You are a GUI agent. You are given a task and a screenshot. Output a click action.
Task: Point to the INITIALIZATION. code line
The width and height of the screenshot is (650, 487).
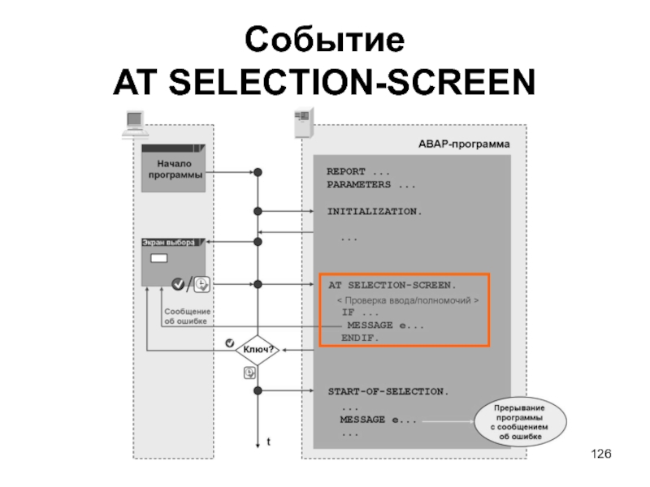click(375, 211)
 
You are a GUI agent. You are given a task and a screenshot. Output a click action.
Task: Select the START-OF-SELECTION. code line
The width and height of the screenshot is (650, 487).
click(388, 391)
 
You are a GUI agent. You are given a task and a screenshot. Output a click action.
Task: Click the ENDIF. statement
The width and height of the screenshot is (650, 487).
click(360, 338)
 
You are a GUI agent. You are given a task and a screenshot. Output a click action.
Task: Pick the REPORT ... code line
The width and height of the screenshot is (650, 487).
click(358, 172)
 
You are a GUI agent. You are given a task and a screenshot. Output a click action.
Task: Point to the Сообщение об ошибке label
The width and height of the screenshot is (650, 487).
click(187, 317)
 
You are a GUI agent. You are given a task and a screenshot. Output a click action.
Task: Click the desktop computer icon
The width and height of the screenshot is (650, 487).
click(133, 122)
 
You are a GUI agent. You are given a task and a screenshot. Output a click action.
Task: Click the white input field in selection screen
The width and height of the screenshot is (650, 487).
click(159, 259)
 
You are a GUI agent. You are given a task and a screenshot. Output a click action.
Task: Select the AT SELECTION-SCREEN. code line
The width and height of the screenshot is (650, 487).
click(392, 286)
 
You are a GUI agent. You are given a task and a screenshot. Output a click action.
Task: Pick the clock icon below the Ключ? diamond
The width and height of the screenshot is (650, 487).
click(250, 373)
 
